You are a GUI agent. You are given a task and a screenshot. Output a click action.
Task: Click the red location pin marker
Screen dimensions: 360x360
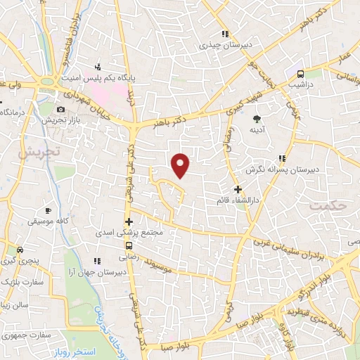click(181, 165)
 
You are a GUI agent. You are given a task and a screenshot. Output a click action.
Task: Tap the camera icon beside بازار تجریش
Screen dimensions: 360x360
click(61, 110)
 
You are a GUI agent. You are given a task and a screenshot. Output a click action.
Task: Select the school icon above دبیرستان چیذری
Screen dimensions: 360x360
click(224, 34)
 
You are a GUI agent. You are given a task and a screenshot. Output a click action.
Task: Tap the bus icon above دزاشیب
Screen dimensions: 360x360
click(300, 73)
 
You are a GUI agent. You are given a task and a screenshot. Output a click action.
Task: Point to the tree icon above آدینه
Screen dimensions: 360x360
click(257, 118)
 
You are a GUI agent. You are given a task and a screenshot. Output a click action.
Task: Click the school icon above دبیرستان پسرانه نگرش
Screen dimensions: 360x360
click(281, 158)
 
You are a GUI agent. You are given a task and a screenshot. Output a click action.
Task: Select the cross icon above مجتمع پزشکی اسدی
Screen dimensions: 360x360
click(129, 221)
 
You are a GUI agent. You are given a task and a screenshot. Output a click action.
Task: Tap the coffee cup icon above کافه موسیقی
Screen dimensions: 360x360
click(48, 210)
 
